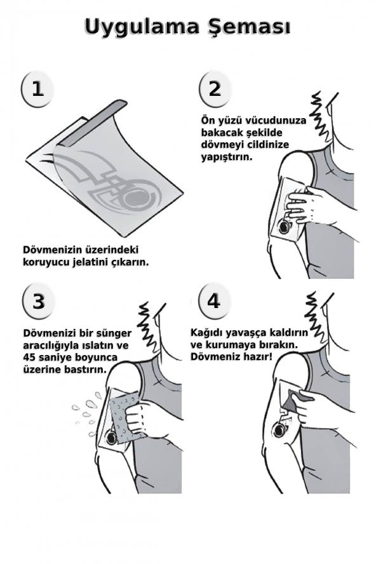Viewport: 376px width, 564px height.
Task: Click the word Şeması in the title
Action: pyautogui.click(x=247, y=29)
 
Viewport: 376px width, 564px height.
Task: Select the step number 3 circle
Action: pyautogui.click(x=38, y=301)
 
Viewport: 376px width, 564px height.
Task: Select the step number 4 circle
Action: pyautogui.click(x=214, y=301)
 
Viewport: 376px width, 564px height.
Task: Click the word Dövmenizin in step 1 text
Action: pyautogui.click(x=52, y=248)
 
